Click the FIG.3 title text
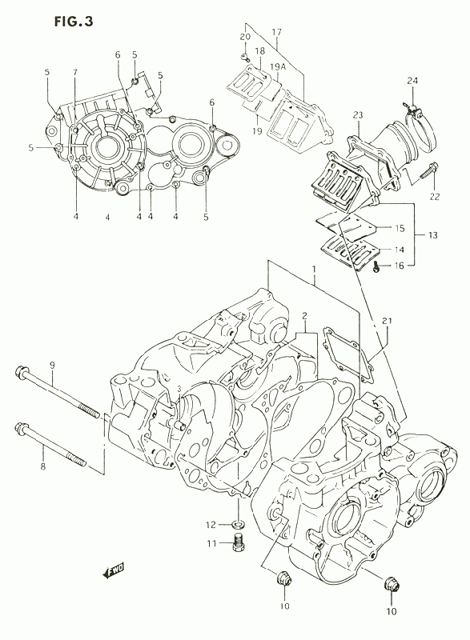point(74,22)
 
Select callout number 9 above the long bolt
point(52,366)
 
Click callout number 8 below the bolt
point(43,466)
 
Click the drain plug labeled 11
point(239,542)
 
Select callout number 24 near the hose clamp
point(412,81)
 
